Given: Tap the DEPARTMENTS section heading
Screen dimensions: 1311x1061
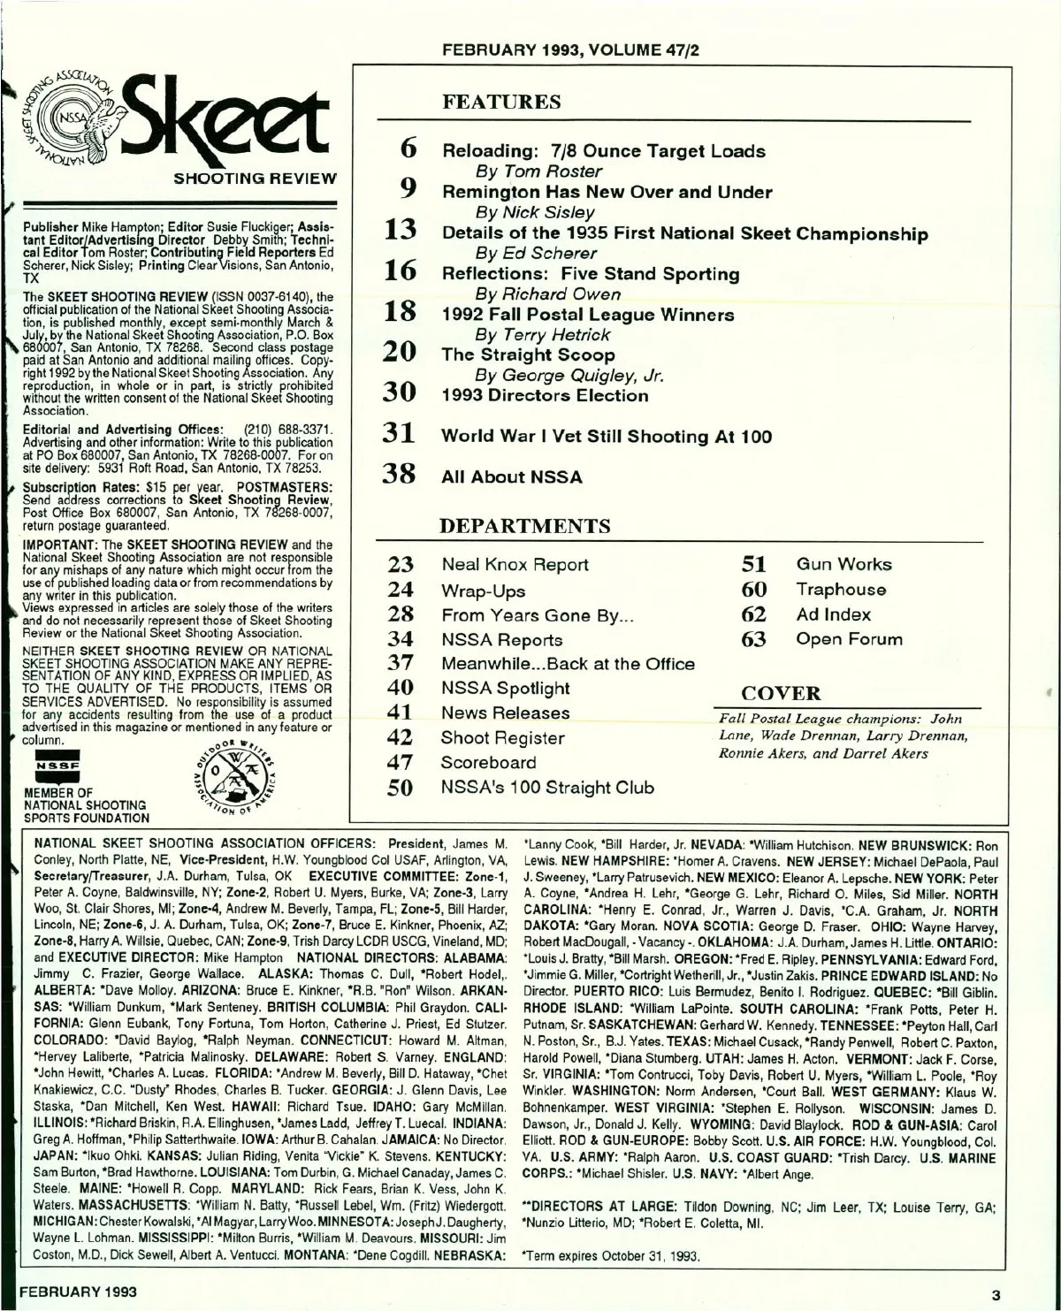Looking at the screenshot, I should pyautogui.click(x=526, y=526).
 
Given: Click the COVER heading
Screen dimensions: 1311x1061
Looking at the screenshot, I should pyautogui.click(x=781, y=693).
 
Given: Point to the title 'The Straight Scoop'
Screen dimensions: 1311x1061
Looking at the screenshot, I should pyautogui.click(x=529, y=354).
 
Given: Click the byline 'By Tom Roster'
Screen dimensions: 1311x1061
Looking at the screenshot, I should pyautogui.click(x=538, y=171).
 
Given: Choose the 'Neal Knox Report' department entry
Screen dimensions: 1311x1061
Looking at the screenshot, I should pyautogui.click(x=515, y=564).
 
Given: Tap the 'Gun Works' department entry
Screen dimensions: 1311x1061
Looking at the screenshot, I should pyautogui.click(x=843, y=564).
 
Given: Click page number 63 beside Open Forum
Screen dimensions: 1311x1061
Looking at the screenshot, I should pyautogui.click(x=753, y=639).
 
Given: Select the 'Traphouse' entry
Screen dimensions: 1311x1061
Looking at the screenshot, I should pyautogui.click(x=840, y=589).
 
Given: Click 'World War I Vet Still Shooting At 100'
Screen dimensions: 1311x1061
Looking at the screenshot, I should pyautogui.click(x=607, y=436).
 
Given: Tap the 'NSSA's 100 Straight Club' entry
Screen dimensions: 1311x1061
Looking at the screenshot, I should pyautogui.click(x=547, y=787).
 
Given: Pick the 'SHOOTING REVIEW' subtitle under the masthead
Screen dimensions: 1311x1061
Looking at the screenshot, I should pyautogui.click(x=256, y=179).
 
